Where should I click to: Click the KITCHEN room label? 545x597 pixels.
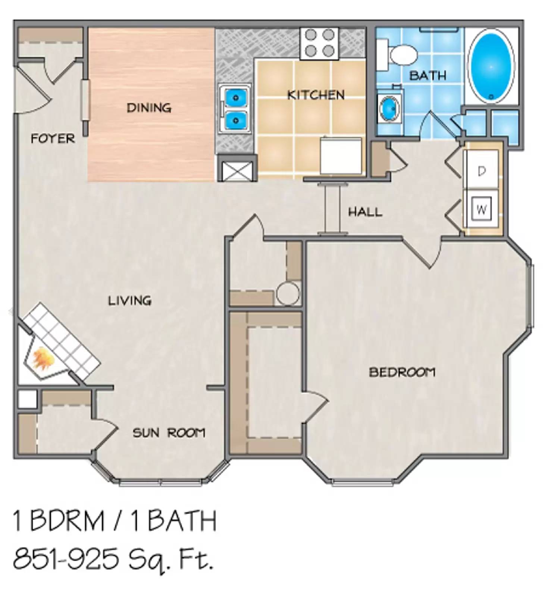pos(316,95)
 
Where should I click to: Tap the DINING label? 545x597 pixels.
pos(149,108)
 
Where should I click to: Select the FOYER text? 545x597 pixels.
pos(53,139)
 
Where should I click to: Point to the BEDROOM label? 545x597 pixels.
pos(402,372)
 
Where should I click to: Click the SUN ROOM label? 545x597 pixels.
pos(169,433)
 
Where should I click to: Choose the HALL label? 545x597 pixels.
pos(365,212)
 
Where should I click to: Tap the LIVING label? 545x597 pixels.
pos(129,300)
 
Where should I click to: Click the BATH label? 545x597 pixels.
pos(427,76)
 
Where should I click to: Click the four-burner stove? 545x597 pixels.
pos(319,43)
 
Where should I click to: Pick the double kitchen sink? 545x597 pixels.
pos(235,109)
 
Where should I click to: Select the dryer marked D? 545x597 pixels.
pos(481,171)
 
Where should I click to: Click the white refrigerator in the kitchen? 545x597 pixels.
pos(341,156)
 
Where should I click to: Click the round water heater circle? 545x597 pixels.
pos(288,294)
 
